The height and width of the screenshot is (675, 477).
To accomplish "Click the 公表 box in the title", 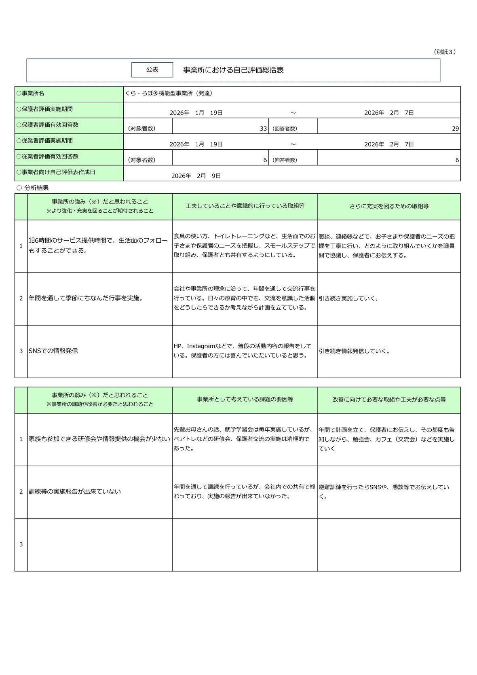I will coord(152,70).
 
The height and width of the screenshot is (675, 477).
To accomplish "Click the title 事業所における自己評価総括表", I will coord(233,70).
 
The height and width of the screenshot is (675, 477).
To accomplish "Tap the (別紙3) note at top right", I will coord(445,52).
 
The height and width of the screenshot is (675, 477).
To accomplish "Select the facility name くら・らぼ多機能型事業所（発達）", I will coord(169,93).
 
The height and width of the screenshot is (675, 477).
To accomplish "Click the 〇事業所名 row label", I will coord(31,93).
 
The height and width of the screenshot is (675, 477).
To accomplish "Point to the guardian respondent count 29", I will coord(455,129).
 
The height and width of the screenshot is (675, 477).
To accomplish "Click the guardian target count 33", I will coord(263,129).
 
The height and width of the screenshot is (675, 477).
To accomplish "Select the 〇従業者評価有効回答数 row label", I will coord(47,157).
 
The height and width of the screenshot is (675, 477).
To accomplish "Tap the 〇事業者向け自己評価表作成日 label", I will coord(56,172).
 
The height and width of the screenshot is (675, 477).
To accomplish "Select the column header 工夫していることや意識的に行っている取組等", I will coord(245,206).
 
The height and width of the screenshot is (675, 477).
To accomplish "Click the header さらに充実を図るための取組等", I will coord(389,206).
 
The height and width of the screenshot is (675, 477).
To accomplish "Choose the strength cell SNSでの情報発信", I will coord(53,351).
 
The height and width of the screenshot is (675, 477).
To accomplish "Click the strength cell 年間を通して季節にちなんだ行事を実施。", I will coord(86,298).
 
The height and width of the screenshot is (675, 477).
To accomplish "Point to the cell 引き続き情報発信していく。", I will coord(354,351).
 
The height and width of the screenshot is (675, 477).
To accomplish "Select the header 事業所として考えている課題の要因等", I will coord(245,400).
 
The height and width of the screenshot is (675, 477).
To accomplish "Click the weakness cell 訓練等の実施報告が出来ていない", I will coord(75,492).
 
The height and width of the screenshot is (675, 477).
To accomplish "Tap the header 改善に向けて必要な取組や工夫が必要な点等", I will coord(389,400).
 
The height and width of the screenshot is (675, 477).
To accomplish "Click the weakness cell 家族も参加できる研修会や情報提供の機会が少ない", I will coord(99,439).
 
